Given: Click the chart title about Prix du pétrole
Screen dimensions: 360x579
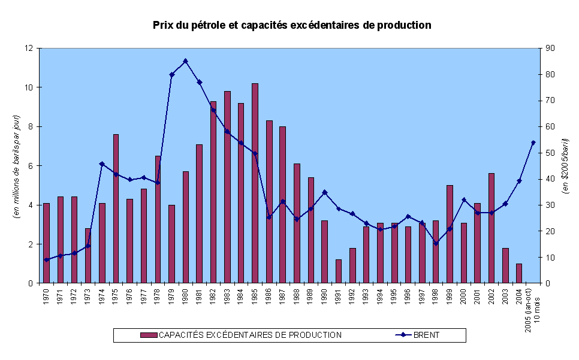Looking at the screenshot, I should (x=292, y=25).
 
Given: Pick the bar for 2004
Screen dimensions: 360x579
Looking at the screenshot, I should (x=519, y=273).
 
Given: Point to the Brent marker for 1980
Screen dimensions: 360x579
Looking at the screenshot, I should (x=185, y=61).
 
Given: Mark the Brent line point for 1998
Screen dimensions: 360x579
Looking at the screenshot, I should (x=436, y=243).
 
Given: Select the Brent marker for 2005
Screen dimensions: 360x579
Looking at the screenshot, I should (x=533, y=143).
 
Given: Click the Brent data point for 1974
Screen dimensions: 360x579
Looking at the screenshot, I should (x=102, y=164).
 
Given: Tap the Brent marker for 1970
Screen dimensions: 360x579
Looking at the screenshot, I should (x=46, y=260).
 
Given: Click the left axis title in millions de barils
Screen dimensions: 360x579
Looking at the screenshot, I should (x=18, y=165).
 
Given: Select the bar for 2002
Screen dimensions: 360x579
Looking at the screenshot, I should (x=491, y=228).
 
